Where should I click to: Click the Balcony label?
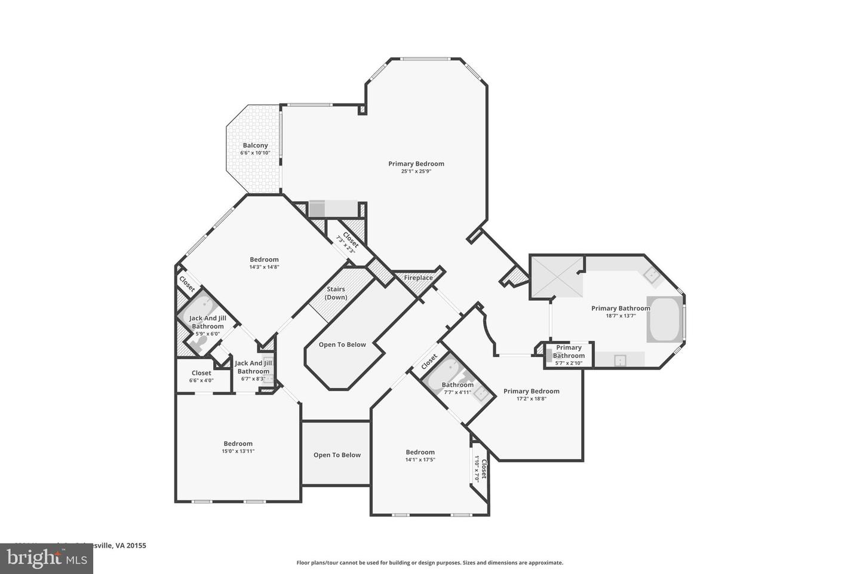click(x=255, y=145)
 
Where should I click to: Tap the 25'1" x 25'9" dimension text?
click(x=416, y=172)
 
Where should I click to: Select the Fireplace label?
click(x=418, y=278)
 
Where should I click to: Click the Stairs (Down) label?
click(x=336, y=294)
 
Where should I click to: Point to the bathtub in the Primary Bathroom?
click(x=664, y=320)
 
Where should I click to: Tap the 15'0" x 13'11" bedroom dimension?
click(x=238, y=451)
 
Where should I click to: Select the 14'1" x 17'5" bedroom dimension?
click(x=420, y=460)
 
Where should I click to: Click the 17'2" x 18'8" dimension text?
click(x=531, y=399)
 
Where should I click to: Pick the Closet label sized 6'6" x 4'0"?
click(x=201, y=373)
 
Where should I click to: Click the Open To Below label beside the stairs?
click(x=342, y=345)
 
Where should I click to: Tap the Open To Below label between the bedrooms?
click(x=337, y=455)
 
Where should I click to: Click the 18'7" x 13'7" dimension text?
click(x=621, y=316)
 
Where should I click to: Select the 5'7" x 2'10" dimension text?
click(x=569, y=363)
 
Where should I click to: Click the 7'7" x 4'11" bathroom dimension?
click(x=457, y=393)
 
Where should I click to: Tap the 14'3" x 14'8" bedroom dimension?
click(x=264, y=267)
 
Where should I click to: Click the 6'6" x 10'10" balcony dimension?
click(x=255, y=153)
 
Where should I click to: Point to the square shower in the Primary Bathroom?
click(x=556, y=277)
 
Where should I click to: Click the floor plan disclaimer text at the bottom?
click(x=429, y=563)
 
